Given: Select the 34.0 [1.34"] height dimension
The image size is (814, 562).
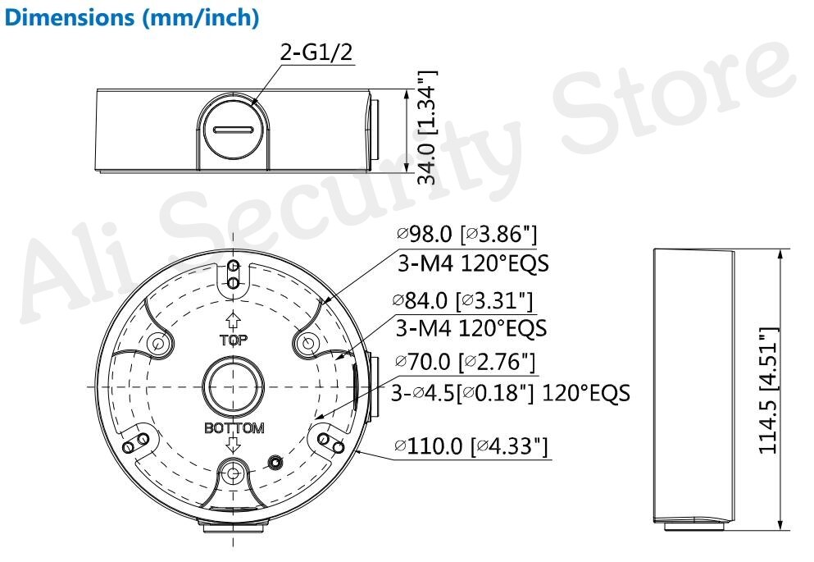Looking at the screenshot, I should click(x=426, y=127).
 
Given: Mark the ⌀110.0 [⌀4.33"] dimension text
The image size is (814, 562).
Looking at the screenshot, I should click(x=471, y=446).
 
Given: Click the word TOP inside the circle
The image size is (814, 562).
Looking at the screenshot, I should click(x=233, y=340).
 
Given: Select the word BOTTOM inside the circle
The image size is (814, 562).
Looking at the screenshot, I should click(x=234, y=428).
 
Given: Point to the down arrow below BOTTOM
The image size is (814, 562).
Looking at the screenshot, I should click(x=234, y=445).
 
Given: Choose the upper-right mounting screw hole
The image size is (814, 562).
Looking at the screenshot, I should click(x=308, y=343).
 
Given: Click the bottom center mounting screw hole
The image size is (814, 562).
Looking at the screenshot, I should click(x=234, y=473).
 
